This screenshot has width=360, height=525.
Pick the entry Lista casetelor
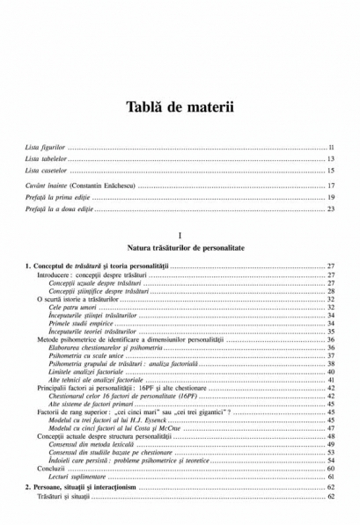[47, 170]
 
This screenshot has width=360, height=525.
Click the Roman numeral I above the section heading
[180, 237]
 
